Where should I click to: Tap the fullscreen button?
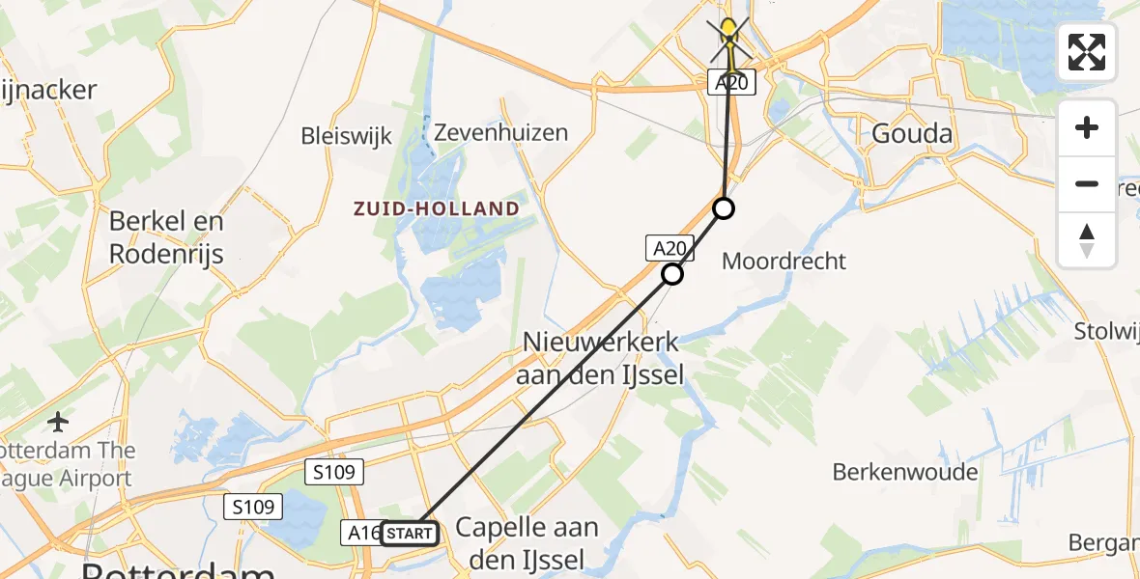(1087, 52)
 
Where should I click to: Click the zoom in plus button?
(1087, 127)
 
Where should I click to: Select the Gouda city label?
(912, 133)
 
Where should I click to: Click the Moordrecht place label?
(784, 261)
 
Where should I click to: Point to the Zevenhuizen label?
(500, 132)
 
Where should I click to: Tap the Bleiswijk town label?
(346, 135)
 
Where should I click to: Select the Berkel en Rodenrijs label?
(166, 236)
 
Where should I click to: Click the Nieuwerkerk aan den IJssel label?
(600, 357)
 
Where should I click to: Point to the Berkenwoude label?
(905, 472)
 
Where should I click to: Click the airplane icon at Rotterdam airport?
(59, 422)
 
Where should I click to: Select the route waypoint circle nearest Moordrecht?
(724, 208)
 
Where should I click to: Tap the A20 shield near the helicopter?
(731, 84)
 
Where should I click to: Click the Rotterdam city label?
(179, 571)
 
